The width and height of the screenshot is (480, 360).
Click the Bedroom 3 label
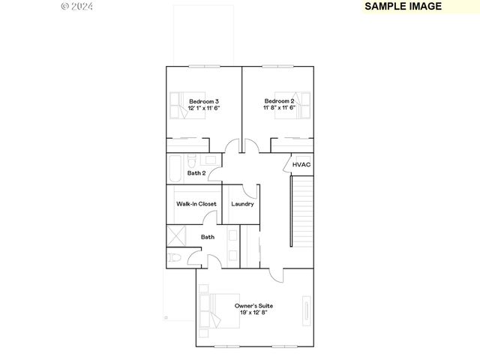pyautogui.click(x=203, y=101)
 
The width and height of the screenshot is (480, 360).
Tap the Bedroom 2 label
pyautogui.click(x=279, y=101)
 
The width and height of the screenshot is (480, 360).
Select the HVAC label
pyautogui.click(x=301, y=165)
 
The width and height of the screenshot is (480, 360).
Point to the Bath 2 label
pyautogui.click(x=196, y=173)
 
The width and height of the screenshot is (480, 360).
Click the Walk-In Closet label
pyautogui.click(x=196, y=204)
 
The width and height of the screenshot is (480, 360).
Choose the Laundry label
pyautogui.click(x=242, y=204)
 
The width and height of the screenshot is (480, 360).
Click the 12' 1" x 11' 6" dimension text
pyautogui.click(x=203, y=108)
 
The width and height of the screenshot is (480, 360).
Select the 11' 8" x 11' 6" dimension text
pyautogui.click(x=279, y=108)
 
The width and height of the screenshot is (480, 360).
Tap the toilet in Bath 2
pyautogui.click(x=192, y=160)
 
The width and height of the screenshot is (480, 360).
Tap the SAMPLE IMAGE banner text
pyautogui.click(x=403, y=6)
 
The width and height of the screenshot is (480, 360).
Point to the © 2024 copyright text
pyautogui.click(x=76, y=6)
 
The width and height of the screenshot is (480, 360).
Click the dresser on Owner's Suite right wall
pyautogui.click(x=306, y=309)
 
